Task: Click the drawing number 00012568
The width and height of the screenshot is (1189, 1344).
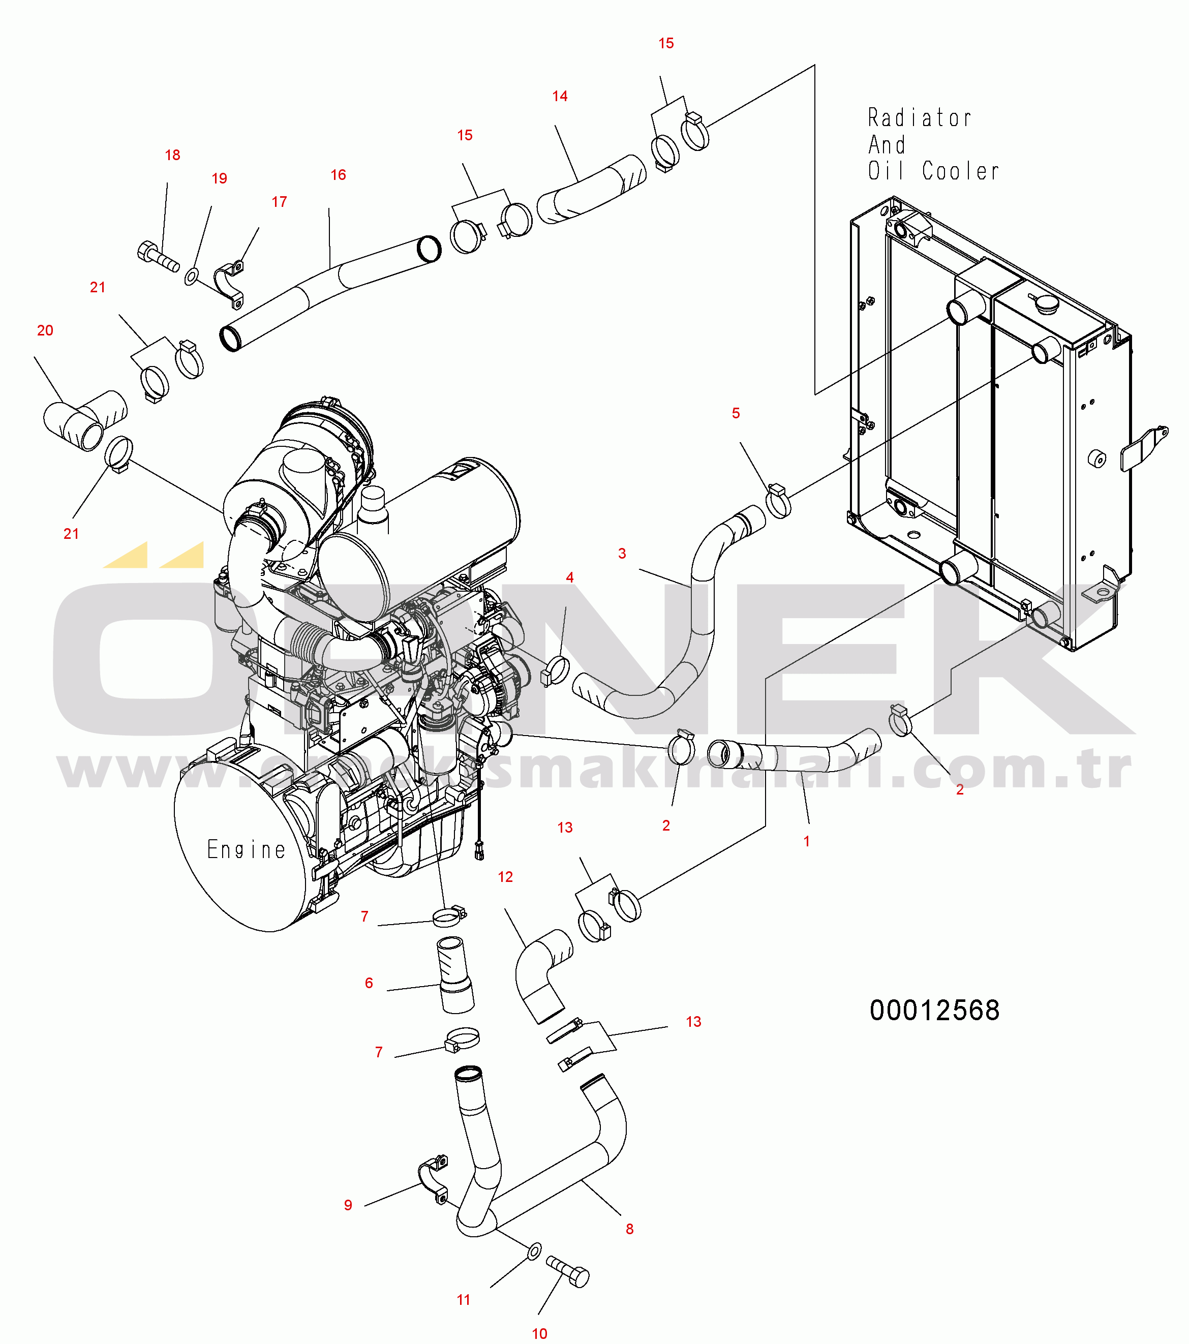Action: (x=934, y=1010)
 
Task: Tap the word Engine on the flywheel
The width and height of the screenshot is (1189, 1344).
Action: (x=247, y=849)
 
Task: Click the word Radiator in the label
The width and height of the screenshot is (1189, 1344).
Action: (x=920, y=118)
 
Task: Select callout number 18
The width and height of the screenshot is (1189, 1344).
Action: (x=172, y=155)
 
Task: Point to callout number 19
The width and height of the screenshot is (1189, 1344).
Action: (x=219, y=178)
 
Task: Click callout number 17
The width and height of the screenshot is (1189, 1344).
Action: (x=279, y=202)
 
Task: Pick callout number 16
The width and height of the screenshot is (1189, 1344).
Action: (x=338, y=175)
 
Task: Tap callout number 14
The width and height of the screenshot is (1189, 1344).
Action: (x=560, y=96)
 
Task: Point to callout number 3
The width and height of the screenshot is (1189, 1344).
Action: (x=622, y=553)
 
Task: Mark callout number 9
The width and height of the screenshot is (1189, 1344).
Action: (x=348, y=1205)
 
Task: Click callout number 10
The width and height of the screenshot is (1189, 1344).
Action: (x=539, y=1333)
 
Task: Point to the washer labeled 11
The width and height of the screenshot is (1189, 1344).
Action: (x=535, y=1250)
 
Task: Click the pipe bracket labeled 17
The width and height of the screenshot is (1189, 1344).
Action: (x=229, y=284)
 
